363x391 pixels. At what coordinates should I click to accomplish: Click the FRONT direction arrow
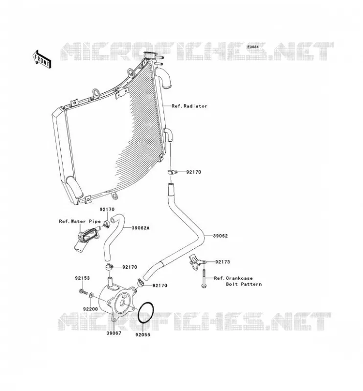point(42,59)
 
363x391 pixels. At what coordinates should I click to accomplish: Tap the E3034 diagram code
point(253,47)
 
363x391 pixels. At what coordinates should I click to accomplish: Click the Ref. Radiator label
point(189,106)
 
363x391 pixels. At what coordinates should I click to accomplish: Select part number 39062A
point(140,228)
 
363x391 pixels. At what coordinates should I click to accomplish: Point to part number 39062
point(220,236)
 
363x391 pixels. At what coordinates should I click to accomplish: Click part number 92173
point(223,262)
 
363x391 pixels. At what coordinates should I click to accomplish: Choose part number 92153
point(82,278)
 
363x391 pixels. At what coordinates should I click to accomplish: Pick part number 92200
point(91,309)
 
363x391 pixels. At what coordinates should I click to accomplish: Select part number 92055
point(143,335)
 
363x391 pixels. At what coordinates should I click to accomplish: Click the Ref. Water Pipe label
point(80,221)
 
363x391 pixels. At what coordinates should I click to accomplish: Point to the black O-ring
point(146,313)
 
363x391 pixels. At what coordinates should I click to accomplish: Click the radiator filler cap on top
point(151,55)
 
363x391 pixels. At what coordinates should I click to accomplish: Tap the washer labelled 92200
point(91,295)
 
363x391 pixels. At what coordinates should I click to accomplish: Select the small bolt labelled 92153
point(83,291)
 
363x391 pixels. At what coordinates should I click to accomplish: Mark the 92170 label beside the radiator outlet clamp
point(193,172)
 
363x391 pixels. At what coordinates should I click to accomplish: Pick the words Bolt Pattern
point(244,284)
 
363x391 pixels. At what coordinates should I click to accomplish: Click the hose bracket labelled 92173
point(196,262)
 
